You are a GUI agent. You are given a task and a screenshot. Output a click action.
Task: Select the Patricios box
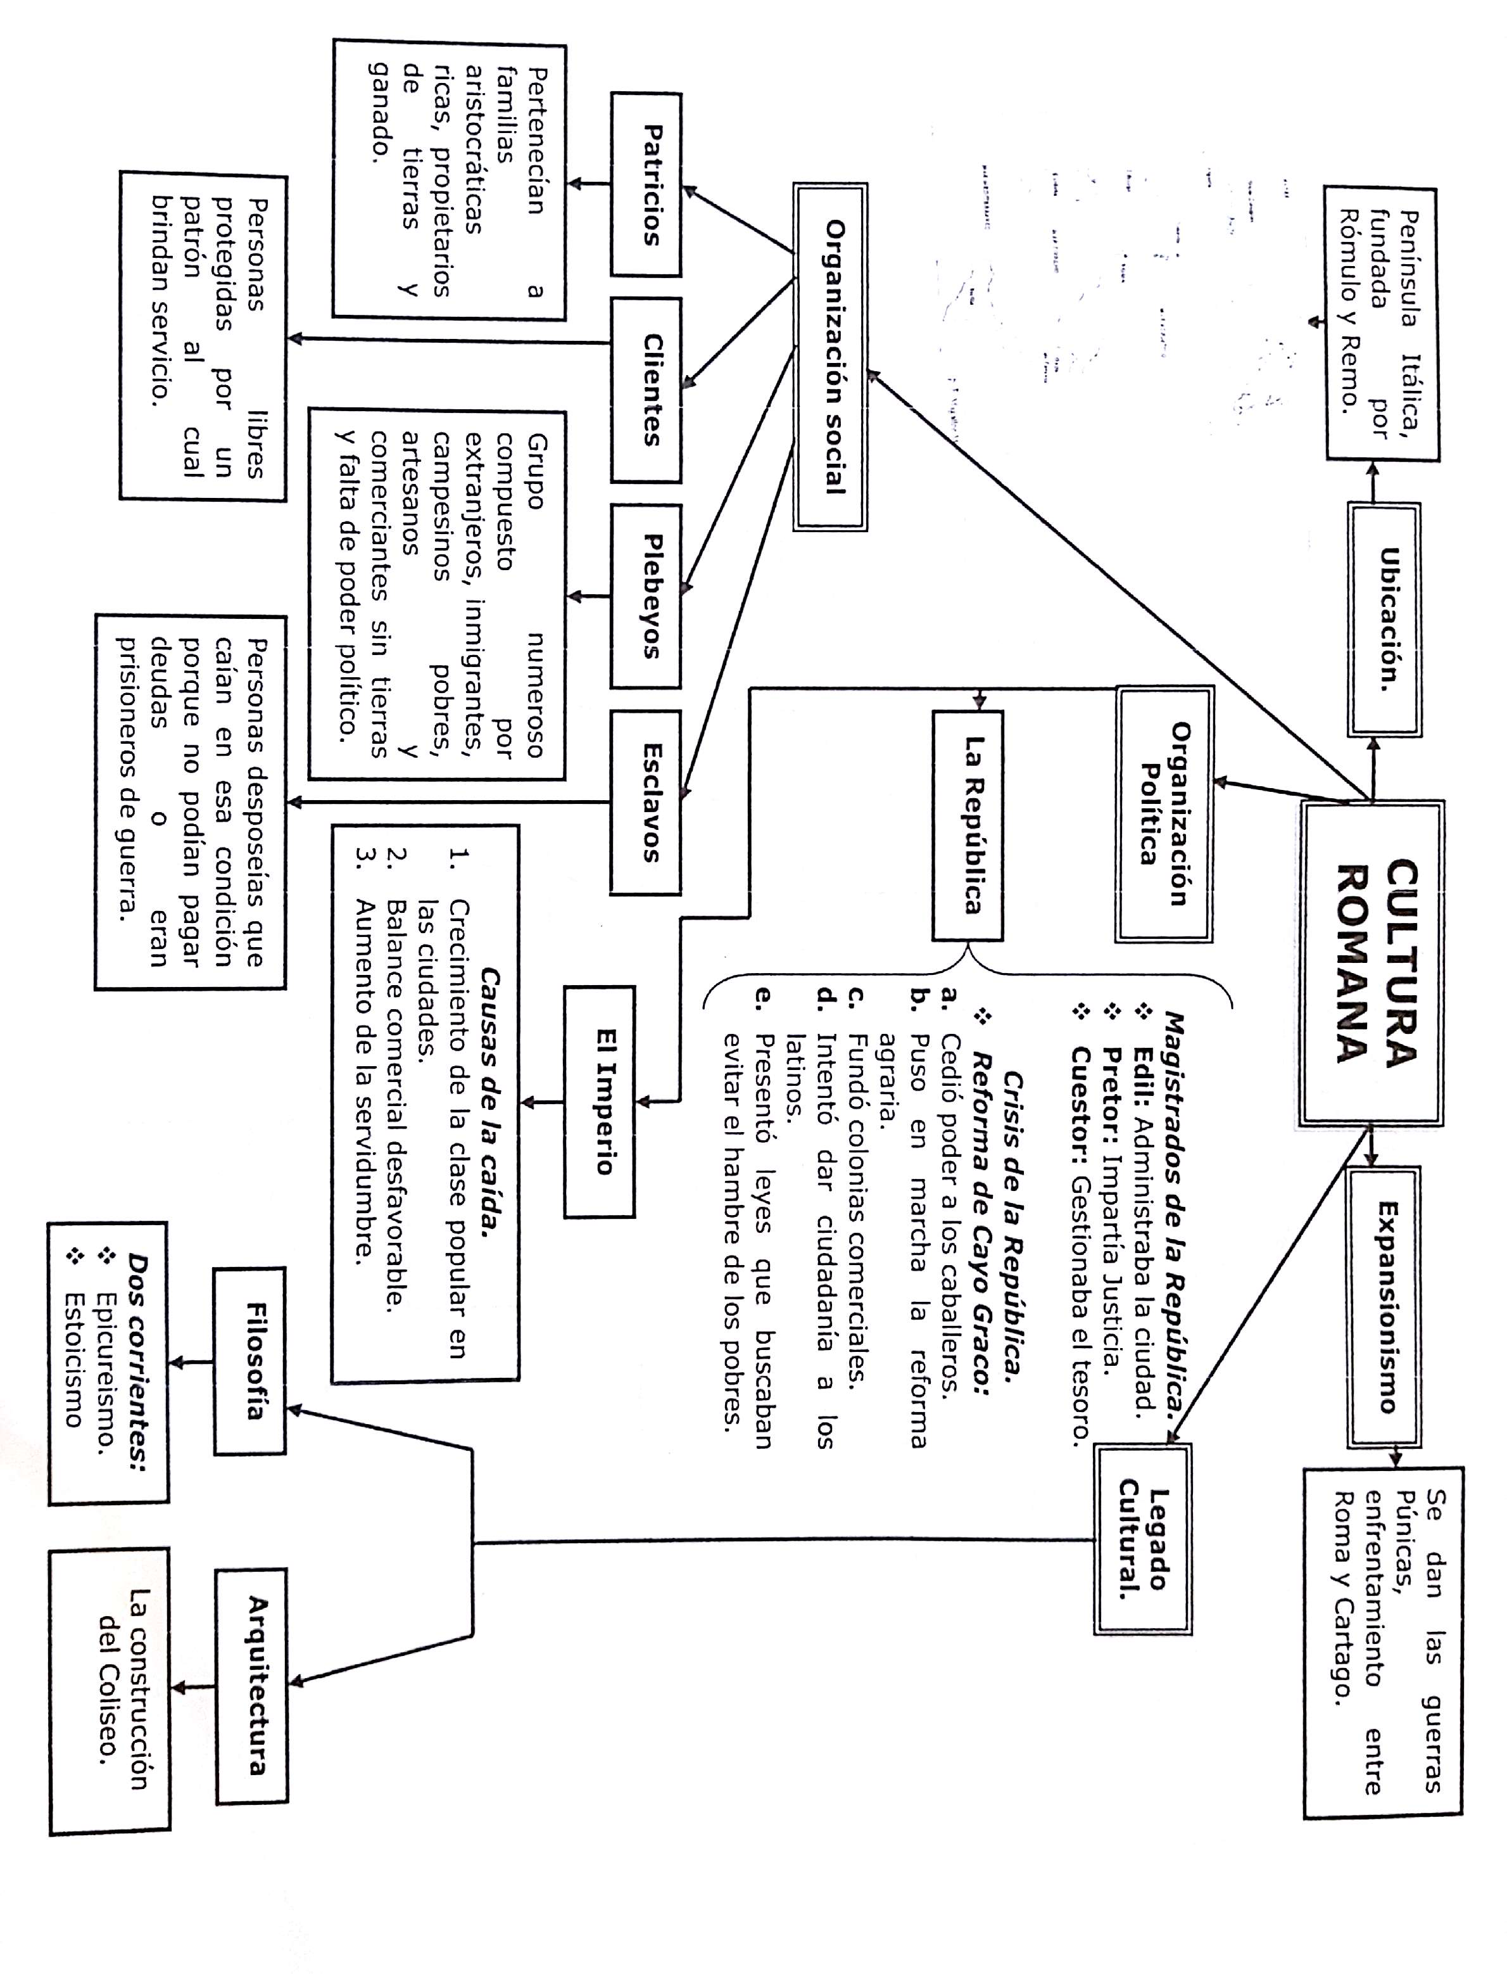pyautogui.click(x=646, y=185)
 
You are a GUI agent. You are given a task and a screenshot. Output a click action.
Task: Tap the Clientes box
pyautogui.click(x=646, y=390)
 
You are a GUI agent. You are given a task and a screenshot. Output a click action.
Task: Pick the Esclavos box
pyautogui.click(x=646, y=802)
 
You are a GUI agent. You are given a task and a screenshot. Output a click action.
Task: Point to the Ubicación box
pyautogui.click(x=1385, y=619)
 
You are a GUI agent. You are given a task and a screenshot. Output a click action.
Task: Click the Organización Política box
pyautogui.click(x=1163, y=815)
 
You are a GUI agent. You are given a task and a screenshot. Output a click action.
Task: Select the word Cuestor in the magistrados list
pyautogui.click(x=1081, y=1090)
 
